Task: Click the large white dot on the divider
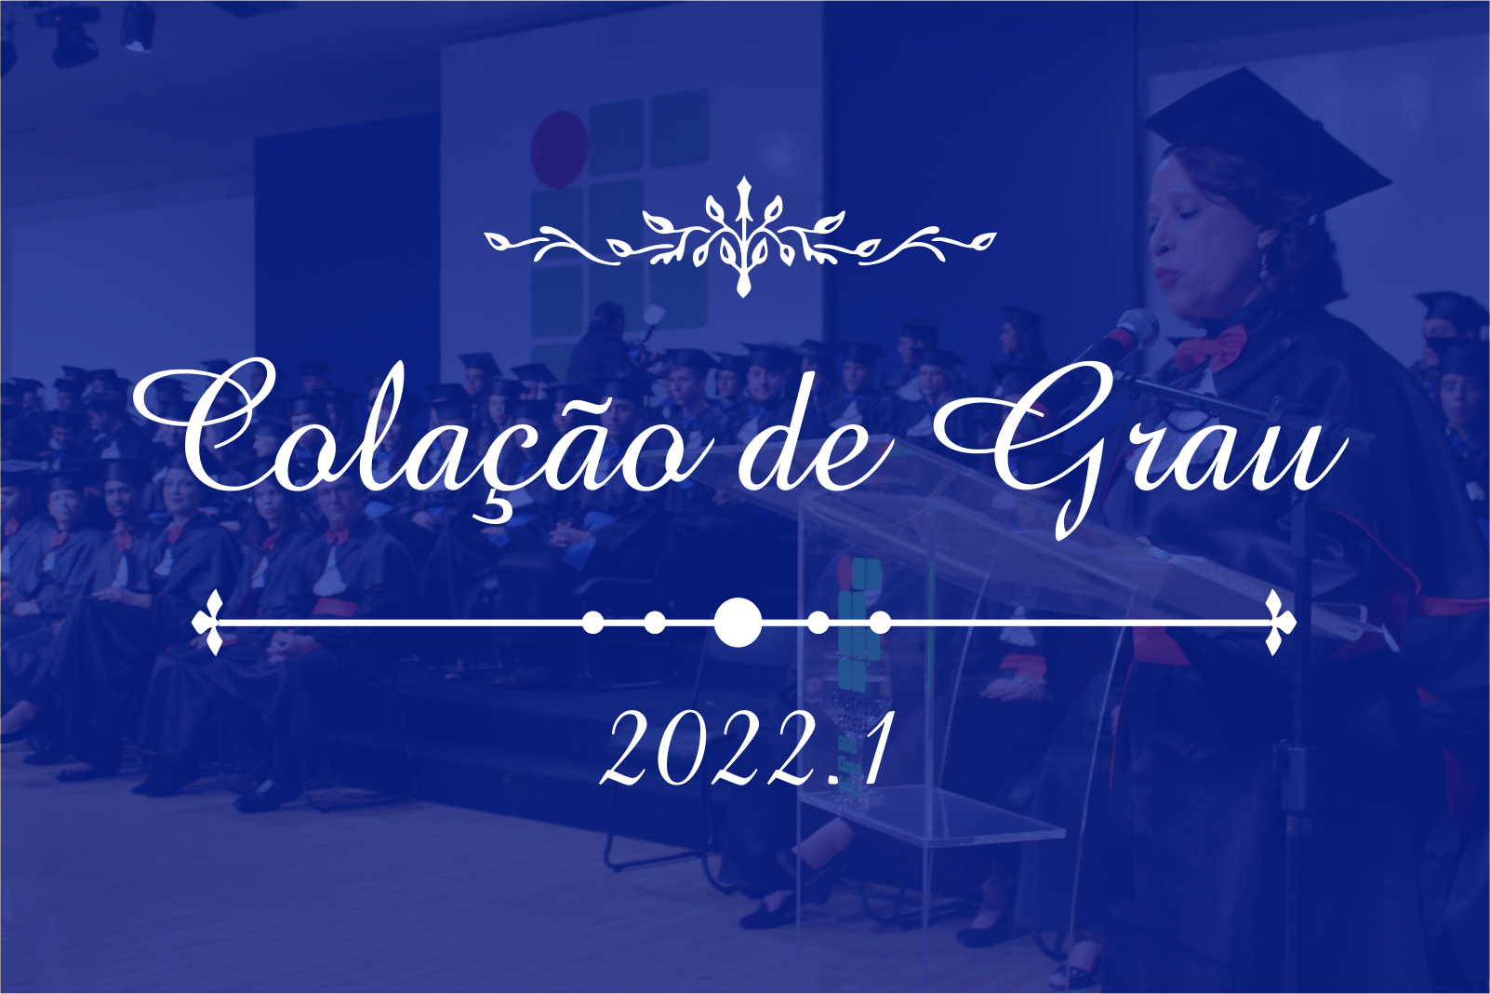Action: click(738, 623)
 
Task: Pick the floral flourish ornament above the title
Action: click(740, 237)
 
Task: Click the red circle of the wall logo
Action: click(559, 149)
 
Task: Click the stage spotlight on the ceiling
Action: click(138, 28)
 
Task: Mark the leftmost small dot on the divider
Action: click(592, 624)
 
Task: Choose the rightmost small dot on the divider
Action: click(880, 624)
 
